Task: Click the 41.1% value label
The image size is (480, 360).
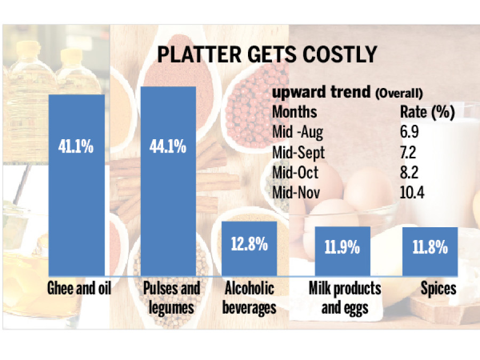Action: tap(76, 147)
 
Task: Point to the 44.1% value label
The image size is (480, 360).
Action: tap(167, 146)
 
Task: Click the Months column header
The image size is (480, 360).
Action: tap(294, 112)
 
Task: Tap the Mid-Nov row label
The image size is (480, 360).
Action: tap(296, 193)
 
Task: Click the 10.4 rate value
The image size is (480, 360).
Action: tap(412, 193)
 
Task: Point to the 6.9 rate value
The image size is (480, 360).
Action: tap(409, 132)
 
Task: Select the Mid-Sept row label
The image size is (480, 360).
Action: tap(298, 153)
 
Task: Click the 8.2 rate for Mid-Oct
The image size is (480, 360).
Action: tap(409, 173)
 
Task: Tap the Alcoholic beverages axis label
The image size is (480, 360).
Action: tap(250, 298)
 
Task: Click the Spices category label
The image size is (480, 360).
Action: tap(438, 289)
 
